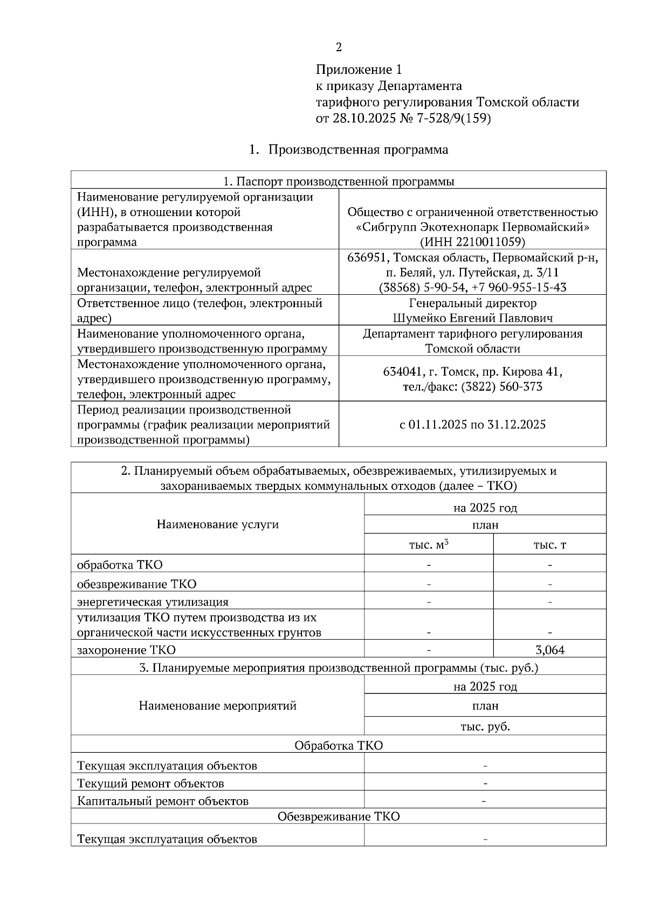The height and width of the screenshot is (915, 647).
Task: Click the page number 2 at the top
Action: (x=339, y=48)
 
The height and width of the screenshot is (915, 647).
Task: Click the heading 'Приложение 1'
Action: (x=359, y=70)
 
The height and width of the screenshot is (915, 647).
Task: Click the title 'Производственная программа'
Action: (x=358, y=150)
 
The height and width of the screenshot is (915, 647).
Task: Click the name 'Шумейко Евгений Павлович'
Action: (x=473, y=318)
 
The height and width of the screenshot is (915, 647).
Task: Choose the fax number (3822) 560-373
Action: (x=501, y=386)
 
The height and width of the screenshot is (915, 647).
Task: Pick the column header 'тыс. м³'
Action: (x=429, y=545)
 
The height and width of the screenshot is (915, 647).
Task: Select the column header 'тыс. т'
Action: (x=549, y=545)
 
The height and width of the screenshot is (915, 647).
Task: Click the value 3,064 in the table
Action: (x=550, y=650)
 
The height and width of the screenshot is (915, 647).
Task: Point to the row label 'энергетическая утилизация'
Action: (x=153, y=602)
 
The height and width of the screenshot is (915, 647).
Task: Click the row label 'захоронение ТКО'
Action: (x=126, y=650)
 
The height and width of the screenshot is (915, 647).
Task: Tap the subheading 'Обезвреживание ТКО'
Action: (x=339, y=816)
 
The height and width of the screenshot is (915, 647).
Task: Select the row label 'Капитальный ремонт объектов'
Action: (x=163, y=801)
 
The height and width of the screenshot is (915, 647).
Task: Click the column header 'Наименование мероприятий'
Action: (x=217, y=705)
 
